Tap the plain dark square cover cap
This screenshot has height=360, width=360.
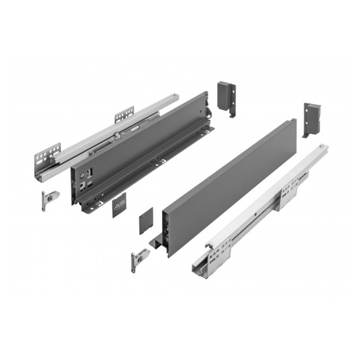(146, 219)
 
